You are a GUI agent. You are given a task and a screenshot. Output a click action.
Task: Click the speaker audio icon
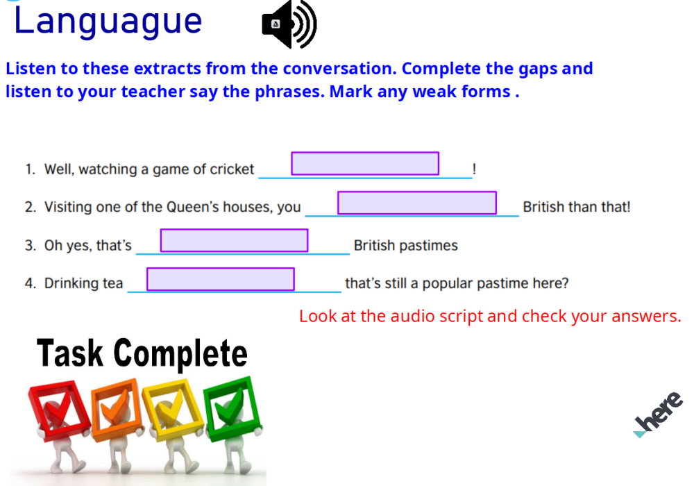click(289, 26)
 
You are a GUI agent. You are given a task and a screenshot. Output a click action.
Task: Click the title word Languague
click(108, 21)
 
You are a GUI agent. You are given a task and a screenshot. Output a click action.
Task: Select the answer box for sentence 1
click(365, 164)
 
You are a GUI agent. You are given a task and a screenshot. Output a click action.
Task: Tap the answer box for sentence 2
click(417, 203)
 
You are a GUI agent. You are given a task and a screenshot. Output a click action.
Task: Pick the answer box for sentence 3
click(235, 240)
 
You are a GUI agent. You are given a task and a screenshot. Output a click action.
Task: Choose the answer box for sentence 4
click(221, 279)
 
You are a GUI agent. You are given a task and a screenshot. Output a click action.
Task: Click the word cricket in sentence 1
click(232, 169)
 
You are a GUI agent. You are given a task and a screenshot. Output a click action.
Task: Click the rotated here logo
click(658, 413)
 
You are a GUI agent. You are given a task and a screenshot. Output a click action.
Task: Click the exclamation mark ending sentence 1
click(473, 169)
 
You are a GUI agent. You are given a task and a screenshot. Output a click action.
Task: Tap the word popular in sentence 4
click(447, 283)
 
